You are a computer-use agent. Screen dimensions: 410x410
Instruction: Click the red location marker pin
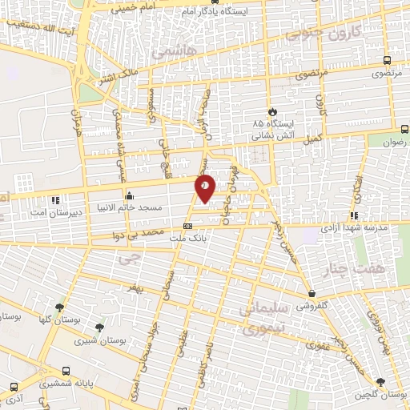coord(205,187)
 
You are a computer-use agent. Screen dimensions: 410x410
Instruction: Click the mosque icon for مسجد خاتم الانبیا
coord(128,195)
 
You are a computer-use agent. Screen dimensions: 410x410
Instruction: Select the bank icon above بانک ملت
coord(188,227)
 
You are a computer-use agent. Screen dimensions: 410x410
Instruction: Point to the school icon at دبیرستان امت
coord(54,199)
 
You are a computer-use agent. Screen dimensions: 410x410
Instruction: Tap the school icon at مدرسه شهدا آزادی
coord(353,215)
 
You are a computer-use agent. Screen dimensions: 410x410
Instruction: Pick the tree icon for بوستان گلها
coord(58,308)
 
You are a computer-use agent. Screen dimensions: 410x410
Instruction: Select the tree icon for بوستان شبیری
coord(99,328)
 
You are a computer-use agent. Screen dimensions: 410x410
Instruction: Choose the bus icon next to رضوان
coord(404,128)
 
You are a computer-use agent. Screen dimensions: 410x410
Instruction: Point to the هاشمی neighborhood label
coord(172,50)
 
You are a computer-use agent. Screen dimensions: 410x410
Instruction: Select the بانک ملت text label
coord(187,239)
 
